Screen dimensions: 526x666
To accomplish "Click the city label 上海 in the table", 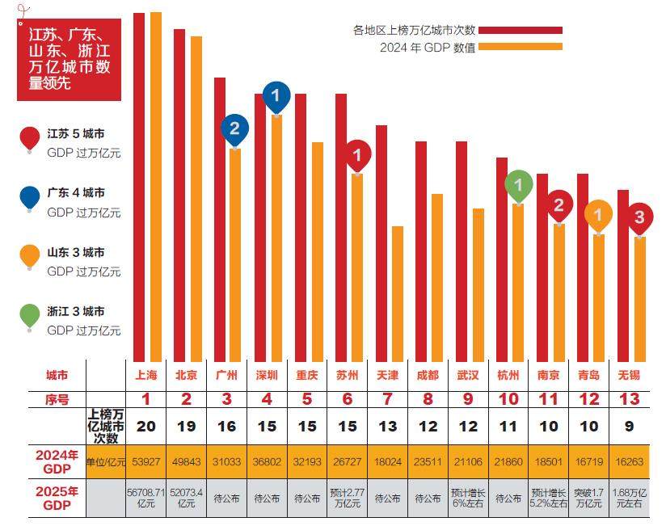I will click(x=146, y=375).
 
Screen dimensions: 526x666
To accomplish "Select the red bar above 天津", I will click(x=381, y=242).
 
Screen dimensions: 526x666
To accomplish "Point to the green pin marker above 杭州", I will click(x=518, y=187).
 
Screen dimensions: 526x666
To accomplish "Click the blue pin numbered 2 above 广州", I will click(x=234, y=128).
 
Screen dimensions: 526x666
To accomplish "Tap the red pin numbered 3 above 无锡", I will click(x=639, y=217).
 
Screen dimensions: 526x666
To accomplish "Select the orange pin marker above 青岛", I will click(x=598, y=215).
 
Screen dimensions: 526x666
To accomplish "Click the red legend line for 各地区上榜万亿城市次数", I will click(x=521, y=31).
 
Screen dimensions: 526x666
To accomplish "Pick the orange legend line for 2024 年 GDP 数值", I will click(x=521, y=47).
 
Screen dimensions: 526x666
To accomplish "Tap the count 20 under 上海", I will click(x=146, y=427).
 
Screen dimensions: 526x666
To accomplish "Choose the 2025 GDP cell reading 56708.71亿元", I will click(x=146, y=499).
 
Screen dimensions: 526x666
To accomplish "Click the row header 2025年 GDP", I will click(x=57, y=499).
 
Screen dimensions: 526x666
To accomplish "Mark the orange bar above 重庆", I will click(x=318, y=250).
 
